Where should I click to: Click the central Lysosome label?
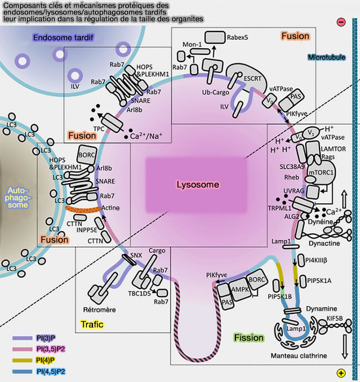click(198, 184)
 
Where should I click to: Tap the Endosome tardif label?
click(63, 38)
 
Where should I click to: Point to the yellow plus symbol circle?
click(341, 373)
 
